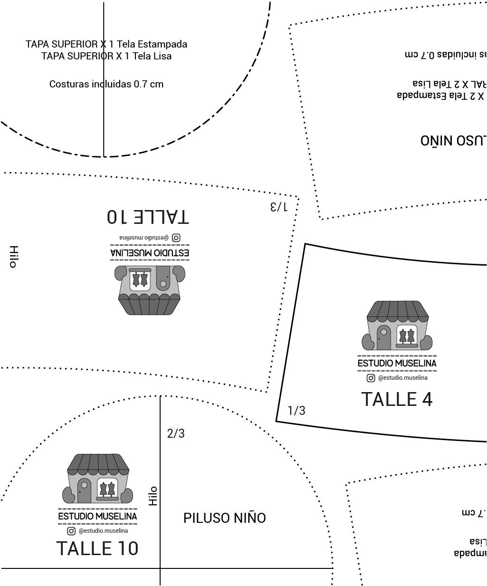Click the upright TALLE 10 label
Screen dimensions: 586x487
[x=97, y=548]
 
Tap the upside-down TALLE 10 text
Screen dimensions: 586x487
[x=148, y=217]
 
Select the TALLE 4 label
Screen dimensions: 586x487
[x=397, y=399]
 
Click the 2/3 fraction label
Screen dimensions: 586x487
[x=176, y=433]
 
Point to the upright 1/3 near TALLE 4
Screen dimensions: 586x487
[x=296, y=411]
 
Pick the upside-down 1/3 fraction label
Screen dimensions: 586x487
[x=278, y=207]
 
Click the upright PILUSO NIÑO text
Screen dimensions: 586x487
[x=224, y=518]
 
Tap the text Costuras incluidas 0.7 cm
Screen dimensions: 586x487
[x=106, y=84]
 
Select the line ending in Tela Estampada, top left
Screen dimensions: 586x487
[x=106, y=44]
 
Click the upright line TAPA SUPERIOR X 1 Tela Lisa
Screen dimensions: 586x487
[x=106, y=56]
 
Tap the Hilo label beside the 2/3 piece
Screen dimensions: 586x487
[x=153, y=496]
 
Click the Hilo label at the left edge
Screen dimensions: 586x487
[x=13, y=257]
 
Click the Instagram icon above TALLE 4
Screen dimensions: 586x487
[x=371, y=378]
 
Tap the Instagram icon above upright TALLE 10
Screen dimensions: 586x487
[x=71, y=531]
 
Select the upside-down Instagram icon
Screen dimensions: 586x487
[x=176, y=237]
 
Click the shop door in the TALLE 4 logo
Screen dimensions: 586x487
[x=383, y=337]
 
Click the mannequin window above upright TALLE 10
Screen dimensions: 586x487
[x=107, y=489]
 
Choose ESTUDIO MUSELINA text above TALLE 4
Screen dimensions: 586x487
[x=397, y=364]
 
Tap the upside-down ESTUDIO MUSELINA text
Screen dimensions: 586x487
[x=150, y=252]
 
